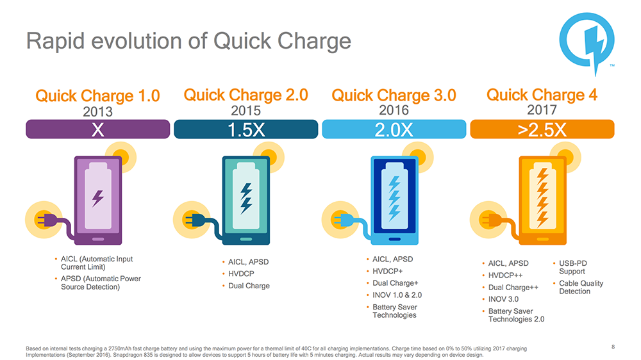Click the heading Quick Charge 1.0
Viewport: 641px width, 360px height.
pos(97,97)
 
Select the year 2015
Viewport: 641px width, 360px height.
pos(246,110)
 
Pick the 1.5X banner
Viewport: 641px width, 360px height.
pos(246,129)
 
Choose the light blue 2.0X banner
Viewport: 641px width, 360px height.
pos(394,129)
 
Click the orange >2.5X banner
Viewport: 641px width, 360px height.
pos(542,129)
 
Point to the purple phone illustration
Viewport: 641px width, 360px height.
pos(98,199)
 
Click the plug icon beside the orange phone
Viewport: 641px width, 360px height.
pos(485,220)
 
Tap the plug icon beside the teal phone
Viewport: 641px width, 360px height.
pos(190,220)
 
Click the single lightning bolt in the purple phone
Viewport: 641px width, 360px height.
pos(98,197)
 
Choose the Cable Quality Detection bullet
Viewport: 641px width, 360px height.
pos(580,287)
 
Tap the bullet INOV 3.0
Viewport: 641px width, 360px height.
pos(503,299)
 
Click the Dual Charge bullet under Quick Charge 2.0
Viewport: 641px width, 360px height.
pos(249,286)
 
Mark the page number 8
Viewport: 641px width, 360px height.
pos(613,347)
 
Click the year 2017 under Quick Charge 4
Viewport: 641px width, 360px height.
pos(542,110)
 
